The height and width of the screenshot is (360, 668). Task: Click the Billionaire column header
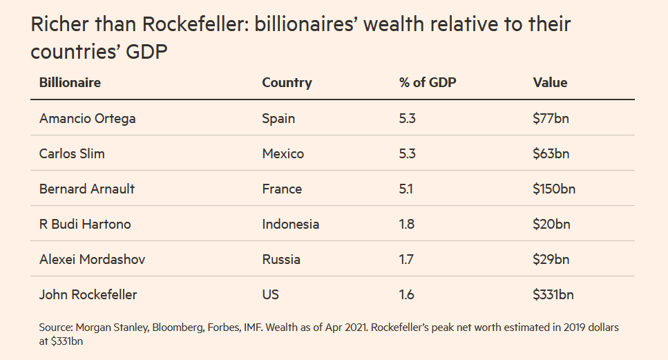[x=70, y=82]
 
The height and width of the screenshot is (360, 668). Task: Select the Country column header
[x=287, y=82]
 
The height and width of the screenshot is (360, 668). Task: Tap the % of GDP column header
[x=428, y=82]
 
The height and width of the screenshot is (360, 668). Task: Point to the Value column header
[x=550, y=82]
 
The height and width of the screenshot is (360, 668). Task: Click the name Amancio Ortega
[x=87, y=118]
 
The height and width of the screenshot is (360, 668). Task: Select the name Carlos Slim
[x=72, y=153]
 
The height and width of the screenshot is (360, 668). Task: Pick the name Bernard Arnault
[x=87, y=189]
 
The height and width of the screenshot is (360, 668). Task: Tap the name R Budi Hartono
[x=85, y=224]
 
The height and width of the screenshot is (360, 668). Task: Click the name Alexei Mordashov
[x=92, y=259]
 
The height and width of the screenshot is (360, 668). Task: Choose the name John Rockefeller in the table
[x=88, y=294]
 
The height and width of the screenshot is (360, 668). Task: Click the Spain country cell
[x=278, y=118]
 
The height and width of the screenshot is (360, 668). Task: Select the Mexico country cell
[x=283, y=153]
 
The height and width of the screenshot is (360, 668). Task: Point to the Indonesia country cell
[x=290, y=224]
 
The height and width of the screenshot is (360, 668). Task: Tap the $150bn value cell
[x=554, y=189]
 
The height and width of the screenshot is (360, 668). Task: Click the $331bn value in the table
[x=553, y=294]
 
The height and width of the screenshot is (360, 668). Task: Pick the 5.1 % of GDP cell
[x=406, y=189]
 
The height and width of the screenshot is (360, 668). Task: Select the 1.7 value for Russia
[x=406, y=259]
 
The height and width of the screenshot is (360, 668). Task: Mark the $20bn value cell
[x=551, y=224]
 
